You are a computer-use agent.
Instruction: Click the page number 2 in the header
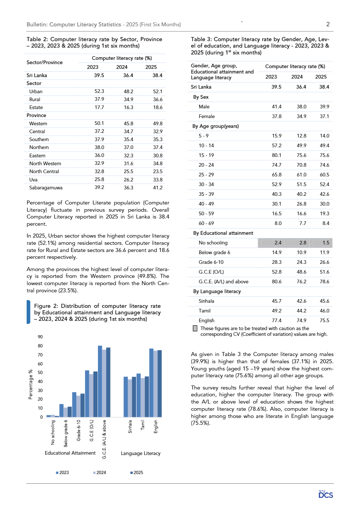[x=328, y=24]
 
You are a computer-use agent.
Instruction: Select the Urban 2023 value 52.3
[x=99, y=91]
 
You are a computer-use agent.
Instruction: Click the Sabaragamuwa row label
[x=46, y=188]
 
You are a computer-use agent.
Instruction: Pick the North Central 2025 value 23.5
[x=158, y=171]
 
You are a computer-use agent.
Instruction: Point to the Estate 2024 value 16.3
[x=129, y=107]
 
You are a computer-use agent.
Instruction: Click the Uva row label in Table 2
[x=33, y=180]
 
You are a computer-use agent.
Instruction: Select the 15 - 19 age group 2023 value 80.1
[x=276, y=155]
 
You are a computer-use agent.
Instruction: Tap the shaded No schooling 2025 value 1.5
[x=326, y=243]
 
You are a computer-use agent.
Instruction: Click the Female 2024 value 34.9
[x=301, y=116]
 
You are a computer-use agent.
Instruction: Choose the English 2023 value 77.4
[x=276, y=320]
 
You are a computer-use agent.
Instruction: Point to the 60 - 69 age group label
[x=206, y=223]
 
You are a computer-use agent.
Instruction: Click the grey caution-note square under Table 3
[x=195, y=328]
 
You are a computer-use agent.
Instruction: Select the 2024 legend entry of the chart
[x=99, y=472]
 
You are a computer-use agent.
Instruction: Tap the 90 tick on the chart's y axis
[x=40, y=337]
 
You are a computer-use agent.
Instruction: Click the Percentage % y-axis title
[x=31, y=384]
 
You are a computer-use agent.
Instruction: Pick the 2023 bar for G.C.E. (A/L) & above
[x=100, y=381]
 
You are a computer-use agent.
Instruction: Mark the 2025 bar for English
[x=160, y=383]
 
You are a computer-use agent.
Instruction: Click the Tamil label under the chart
[x=143, y=425]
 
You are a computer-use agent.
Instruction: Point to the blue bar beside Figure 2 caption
[x=28, y=312]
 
